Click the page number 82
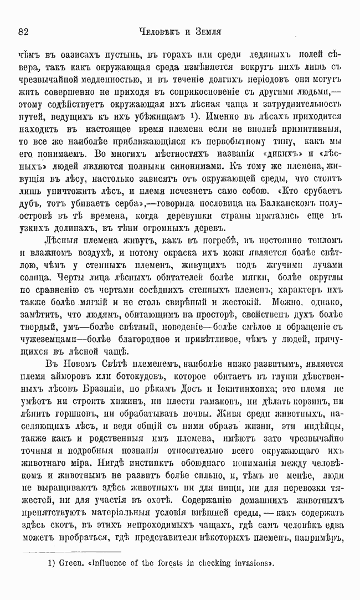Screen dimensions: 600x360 point(23,32)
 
